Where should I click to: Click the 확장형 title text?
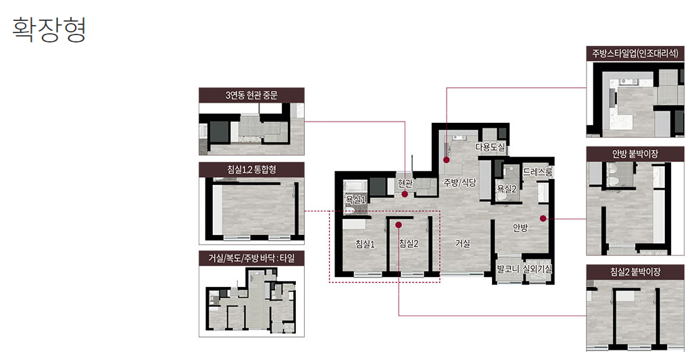[x=49, y=30]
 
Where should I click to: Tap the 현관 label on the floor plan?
[x=405, y=183]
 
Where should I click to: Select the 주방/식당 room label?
[x=460, y=182]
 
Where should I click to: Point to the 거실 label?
[x=462, y=243]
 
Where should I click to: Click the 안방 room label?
[x=520, y=228]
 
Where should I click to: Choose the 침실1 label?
[x=366, y=244]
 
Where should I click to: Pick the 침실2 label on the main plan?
[x=409, y=243]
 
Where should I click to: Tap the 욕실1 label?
[x=355, y=200]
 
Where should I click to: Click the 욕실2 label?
[x=507, y=189]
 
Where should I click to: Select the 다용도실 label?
[x=490, y=147]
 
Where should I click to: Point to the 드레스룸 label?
[x=537, y=172]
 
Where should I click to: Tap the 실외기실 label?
[x=537, y=269]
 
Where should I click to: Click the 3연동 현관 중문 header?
[x=251, y=95]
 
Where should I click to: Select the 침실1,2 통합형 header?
[x=251, y=170]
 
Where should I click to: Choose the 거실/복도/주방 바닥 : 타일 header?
[x=251, y=258]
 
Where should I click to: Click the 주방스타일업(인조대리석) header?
[x=635, y=54]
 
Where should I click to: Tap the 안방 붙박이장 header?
[x=635, y=154]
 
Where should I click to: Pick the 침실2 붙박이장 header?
[x=635, y=272]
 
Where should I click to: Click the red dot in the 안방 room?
[x=543, y=218]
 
